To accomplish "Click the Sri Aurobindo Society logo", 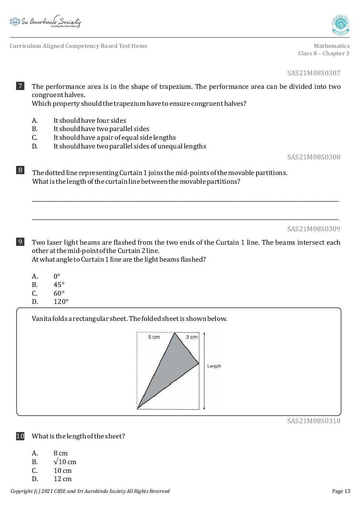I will tap(45, 22).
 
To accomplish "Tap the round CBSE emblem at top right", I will tap(340, 25).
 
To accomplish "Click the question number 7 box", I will tap(20, 86).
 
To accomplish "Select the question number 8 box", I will tap(20, 170).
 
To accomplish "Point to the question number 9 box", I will tap(20, 242).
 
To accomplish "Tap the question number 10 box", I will tap(20, 436).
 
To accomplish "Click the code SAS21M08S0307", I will tap(313, 73).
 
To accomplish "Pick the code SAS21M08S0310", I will tap(313, 421).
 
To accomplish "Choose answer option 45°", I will tap(59, 285).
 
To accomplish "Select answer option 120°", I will tap(61, 302).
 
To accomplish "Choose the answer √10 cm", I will tap(65, 462).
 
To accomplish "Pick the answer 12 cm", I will tap(62, 479).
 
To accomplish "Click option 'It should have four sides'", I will tap(90, 121).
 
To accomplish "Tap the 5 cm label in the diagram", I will tap(154, 337).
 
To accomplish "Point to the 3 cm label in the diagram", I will tap(192, 337).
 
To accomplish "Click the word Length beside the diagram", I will tap(214, 366).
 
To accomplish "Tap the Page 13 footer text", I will tap(340, 491).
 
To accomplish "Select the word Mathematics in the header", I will tap(331, 46).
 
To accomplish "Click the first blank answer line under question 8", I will tap(185, 201).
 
